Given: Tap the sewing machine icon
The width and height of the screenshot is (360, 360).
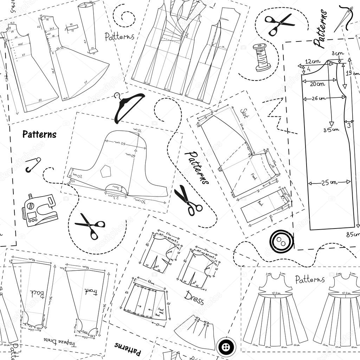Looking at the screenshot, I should coord(39,210).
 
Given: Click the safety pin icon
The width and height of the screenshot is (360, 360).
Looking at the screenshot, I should coord(33,165).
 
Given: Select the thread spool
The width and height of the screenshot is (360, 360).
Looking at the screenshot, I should coord(262,57).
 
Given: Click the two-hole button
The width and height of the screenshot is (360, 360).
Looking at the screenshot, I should coord(281,241).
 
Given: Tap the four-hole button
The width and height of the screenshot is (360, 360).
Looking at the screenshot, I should coord(225,347).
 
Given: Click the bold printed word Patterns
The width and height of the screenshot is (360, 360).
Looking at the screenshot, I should coord(39,134).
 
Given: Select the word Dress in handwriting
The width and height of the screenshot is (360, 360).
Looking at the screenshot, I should coord(194,297).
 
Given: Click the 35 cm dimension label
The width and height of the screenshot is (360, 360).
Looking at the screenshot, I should coord(331,129).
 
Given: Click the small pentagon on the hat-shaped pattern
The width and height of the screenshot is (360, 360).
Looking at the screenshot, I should coord(105,172).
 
